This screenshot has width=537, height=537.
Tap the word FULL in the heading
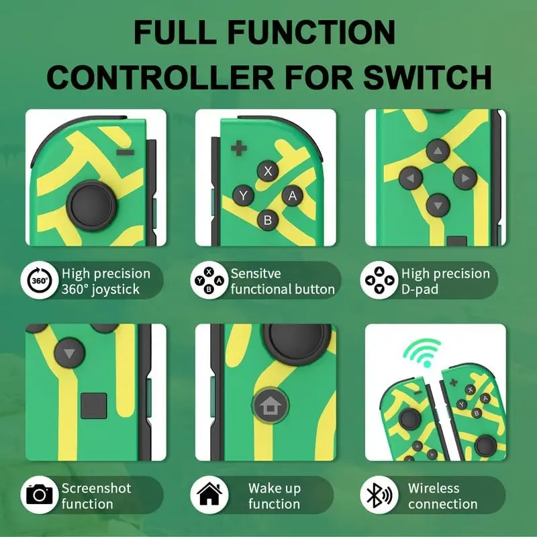tap(175, 32)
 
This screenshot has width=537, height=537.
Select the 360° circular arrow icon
tap(40, 281)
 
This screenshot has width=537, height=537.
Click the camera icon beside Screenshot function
tap(40, 495)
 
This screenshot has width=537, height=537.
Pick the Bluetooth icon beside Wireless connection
tap(379, 495)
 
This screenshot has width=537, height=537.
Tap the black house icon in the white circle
tap(209, 493)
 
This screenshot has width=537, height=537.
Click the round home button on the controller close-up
tap(271, 405)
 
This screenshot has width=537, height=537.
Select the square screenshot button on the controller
tap(94, 406)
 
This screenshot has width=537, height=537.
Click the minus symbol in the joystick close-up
tap(125, 152)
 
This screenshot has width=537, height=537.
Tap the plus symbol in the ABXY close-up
tap(239, 148)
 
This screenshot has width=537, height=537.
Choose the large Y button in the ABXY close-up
tap(243, 195)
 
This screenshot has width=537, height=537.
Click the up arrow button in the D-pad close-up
tap(438, 150)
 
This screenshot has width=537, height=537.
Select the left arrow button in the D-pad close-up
tap(411, 178)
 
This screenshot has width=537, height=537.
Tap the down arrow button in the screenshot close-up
tap(70, 353)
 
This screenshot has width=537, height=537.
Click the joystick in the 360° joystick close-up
tap(92, 206)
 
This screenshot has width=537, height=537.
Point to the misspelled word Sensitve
tap(256, 273)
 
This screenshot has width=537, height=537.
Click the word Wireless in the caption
tap(434, 488)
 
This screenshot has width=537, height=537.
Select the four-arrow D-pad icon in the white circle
tap(379, 280)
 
